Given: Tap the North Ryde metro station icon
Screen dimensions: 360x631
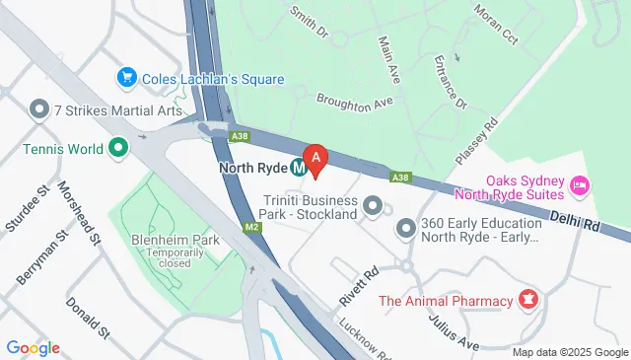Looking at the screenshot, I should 296,167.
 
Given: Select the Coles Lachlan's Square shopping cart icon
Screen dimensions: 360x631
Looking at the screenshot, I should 126,78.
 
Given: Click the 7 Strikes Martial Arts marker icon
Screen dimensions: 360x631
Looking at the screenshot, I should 39,108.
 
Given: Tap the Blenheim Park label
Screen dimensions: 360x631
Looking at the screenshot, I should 161,239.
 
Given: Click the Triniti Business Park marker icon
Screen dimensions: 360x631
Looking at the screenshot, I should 373,206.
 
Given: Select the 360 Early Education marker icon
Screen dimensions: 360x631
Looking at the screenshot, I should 405,229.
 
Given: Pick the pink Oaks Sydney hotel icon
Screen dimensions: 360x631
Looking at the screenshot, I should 580,184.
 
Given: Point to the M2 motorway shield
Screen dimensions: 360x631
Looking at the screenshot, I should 253,229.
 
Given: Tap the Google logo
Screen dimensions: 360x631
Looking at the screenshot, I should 33,347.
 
